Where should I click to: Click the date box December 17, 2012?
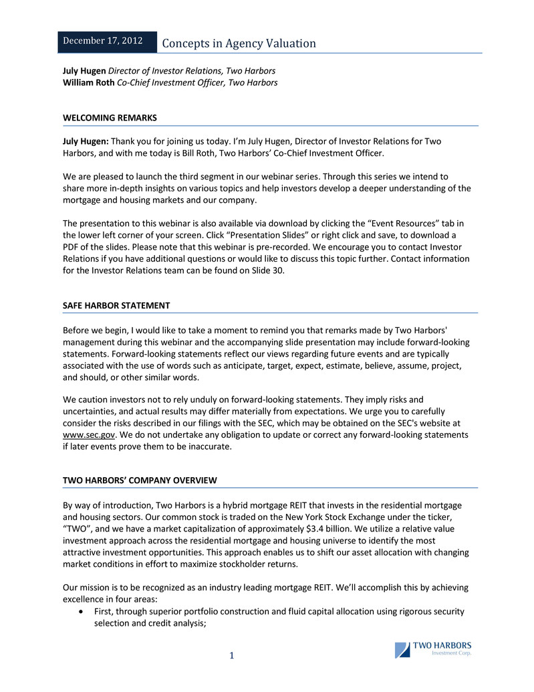click(102, 41)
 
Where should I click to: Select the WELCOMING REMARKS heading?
click(110, 118)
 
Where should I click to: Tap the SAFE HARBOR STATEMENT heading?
click(116, 305)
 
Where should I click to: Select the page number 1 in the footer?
click(231, 656)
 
